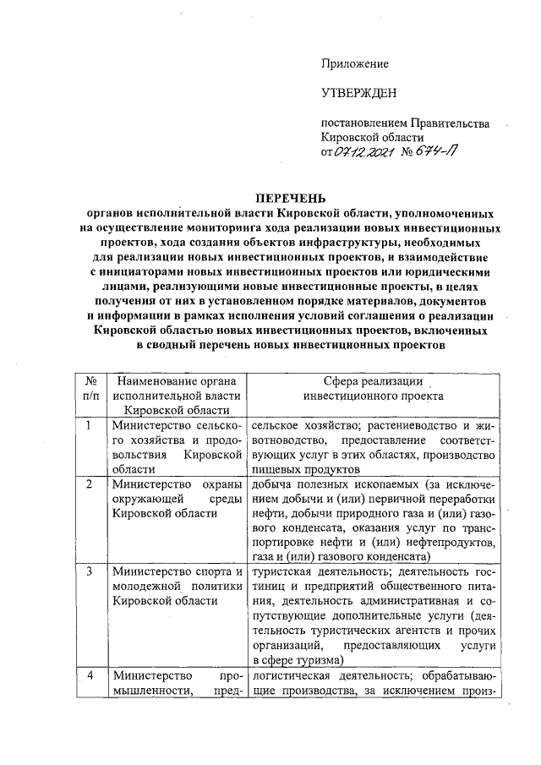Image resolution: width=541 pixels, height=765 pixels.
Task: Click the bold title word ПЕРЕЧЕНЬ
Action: [292, 199]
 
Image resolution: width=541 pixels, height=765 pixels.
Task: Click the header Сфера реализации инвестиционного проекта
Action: [373, 388]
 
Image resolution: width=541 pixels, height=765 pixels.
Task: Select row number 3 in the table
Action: [90, 571]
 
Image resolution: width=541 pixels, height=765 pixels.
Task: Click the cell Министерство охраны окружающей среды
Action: [177, 498]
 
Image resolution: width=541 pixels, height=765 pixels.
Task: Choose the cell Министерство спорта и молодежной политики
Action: [177, 586]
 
